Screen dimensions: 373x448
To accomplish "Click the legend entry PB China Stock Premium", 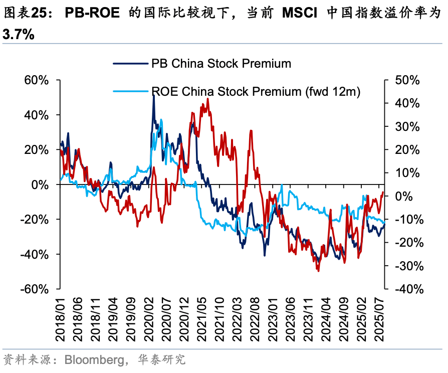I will [221, 64].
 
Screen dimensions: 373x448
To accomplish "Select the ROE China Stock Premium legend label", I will [256, 91].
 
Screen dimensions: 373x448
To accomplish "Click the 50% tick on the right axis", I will [407, 80].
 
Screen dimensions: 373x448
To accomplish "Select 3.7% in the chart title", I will [18, 34].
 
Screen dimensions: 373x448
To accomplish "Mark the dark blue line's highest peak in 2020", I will [153, 95].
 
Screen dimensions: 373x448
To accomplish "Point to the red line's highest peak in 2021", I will [207, 99].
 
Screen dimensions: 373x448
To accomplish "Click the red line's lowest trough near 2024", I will [318, 271].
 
